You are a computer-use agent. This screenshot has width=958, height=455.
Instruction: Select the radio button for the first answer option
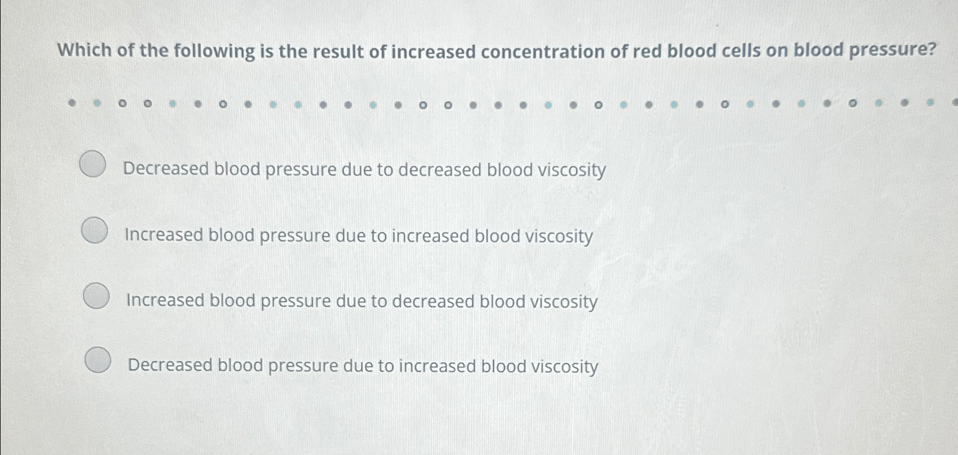tap(93, 164)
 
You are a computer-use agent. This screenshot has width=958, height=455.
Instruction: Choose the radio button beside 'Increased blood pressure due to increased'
tap(94, 230)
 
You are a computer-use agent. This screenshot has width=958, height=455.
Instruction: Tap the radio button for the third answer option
tap(96, 296)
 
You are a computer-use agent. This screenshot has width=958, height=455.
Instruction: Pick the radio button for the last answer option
tap(98, 360)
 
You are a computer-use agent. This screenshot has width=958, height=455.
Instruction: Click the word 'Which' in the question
tap(85, 51)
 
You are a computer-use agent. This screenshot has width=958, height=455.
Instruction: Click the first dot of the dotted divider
tap(72, 104)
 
